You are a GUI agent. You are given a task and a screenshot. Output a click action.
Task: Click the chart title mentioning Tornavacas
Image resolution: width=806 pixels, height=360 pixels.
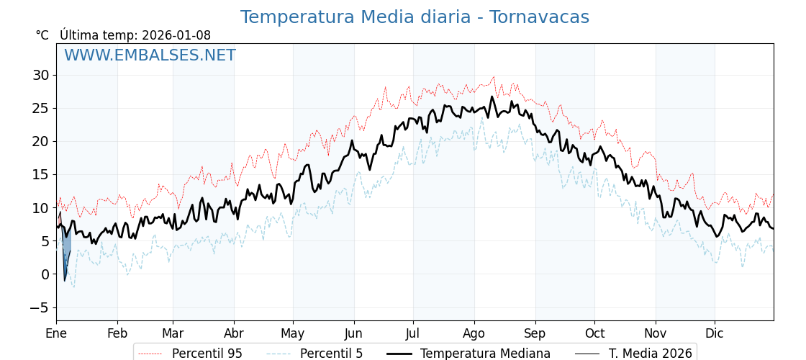point(415,17)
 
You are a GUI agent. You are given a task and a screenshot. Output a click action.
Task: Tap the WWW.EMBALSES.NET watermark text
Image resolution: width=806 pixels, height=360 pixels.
point(150,55)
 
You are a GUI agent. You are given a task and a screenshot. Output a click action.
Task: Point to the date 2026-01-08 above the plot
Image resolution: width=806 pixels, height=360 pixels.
point(176,35)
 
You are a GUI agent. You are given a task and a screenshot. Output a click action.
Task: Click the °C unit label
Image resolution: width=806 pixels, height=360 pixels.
point(42,35)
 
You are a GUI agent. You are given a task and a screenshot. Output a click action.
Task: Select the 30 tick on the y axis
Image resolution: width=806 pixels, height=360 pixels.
point(40,75)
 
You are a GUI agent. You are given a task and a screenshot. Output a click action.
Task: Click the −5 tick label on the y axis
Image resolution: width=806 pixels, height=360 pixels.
point(39,307)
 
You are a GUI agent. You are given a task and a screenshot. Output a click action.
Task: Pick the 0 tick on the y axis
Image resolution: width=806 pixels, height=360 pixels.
point(45,274)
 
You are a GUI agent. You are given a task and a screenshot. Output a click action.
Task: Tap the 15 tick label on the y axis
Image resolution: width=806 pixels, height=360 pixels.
point(40,174)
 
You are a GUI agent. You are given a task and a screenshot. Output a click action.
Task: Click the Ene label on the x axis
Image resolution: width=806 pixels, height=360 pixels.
point(56,333)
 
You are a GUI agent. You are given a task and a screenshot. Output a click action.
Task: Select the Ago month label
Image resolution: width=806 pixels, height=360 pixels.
point(474,333)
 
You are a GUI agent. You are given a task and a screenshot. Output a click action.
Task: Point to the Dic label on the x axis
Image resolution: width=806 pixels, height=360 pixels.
point(715,333)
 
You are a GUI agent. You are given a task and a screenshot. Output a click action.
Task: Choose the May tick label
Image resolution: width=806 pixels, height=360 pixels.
point(293,333)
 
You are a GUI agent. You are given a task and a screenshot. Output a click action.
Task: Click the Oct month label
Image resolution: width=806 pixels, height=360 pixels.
point(594,333)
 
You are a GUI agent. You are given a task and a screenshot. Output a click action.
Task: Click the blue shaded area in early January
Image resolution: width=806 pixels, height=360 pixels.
point(67,252)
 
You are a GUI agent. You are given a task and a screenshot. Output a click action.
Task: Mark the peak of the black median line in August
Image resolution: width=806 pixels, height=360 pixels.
point(492,96)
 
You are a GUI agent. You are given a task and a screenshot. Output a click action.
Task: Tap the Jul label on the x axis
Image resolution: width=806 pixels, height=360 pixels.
point(413,333)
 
